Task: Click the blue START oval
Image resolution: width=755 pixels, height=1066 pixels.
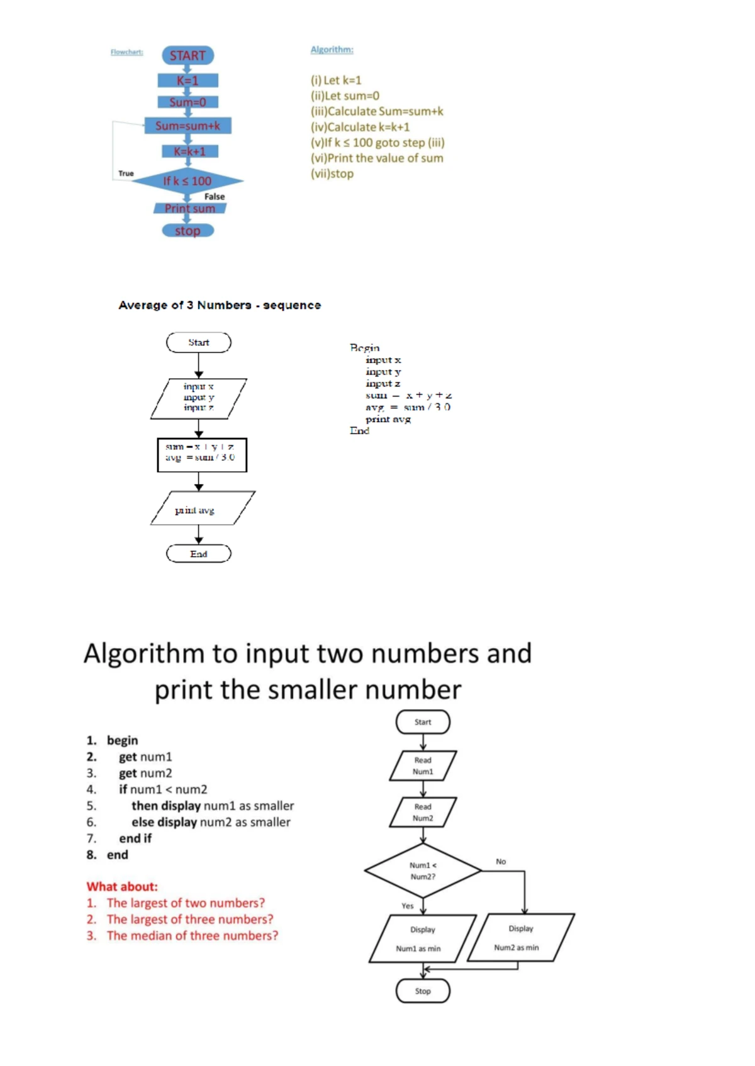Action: (x=187, y=55)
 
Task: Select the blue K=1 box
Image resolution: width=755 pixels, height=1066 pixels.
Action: (x=187, y=80)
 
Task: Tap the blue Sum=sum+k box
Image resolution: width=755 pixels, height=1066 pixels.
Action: (x=187, y=126)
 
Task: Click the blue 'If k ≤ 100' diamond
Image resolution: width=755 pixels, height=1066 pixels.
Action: (x=187, y=181)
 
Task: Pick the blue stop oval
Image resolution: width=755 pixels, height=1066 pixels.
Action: (x=187, y=231)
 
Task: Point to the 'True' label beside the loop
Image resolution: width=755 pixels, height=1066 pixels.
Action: (x=126, y=173)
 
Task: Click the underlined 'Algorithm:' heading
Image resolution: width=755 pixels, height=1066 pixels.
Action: (x=332, y=50)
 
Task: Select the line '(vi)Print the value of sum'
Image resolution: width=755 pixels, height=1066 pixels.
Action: (x=376, y=158)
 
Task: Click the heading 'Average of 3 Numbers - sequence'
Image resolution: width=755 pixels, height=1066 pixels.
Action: (x=220, y=305)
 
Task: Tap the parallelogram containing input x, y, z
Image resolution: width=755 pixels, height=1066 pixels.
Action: (x=199, y=398)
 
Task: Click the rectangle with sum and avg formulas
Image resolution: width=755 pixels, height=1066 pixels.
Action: (x=201, y=454)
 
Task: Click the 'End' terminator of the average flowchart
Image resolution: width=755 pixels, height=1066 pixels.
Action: (x=199, y=554)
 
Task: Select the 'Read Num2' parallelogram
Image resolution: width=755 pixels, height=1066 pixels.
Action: (x=423, y=812)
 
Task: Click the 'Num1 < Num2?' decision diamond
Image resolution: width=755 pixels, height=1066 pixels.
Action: (x=423, y=871)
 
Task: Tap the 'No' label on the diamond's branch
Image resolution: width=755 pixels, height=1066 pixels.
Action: (x=501, y=862)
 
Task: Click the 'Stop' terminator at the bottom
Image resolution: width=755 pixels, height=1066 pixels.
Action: (x=423, y=991)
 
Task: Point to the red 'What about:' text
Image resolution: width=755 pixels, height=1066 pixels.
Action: (x=122, y=887)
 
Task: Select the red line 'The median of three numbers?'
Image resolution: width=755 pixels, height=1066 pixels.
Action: (x=191, y=936)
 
